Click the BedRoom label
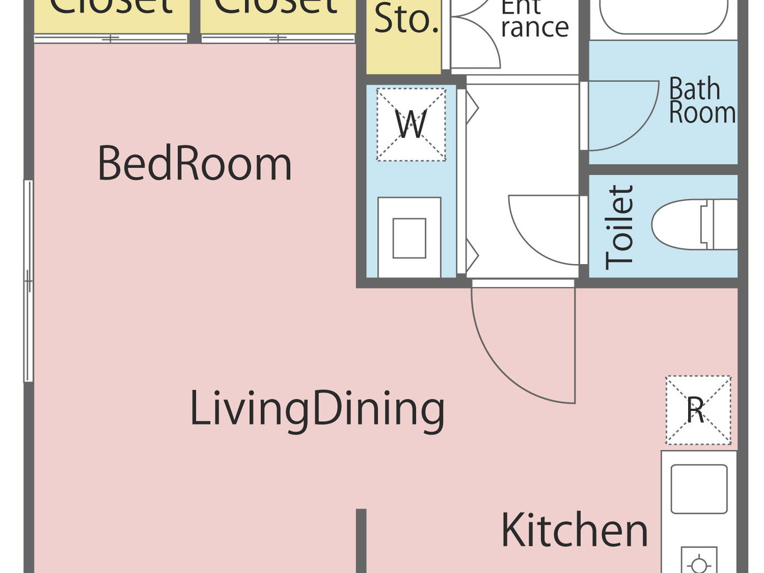194,164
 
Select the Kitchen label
574,530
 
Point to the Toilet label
620,227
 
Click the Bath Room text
702,102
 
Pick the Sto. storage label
406,20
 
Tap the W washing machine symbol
411,125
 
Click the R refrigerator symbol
698,410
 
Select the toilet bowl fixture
693,224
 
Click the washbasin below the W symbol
409,238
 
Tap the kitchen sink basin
699,489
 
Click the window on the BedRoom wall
28,281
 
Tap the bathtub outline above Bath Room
663,16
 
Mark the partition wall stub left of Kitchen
361,540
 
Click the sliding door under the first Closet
111,39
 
